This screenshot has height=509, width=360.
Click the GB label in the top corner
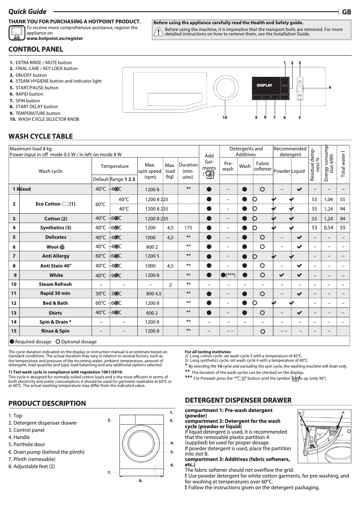346,12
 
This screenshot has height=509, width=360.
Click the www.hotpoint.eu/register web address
55,39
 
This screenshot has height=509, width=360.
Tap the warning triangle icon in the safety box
158,31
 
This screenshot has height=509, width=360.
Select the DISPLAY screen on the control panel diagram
264,85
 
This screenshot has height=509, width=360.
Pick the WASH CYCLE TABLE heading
40,136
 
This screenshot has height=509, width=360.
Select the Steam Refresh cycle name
55,284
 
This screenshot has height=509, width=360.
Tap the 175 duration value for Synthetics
188,228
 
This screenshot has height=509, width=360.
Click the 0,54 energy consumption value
328,228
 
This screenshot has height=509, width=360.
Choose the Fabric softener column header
262,166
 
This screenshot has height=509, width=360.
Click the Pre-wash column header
228,166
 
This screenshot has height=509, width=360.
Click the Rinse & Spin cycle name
55,331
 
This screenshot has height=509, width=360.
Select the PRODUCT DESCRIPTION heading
47,404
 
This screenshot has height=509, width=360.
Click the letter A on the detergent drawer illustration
342,412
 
